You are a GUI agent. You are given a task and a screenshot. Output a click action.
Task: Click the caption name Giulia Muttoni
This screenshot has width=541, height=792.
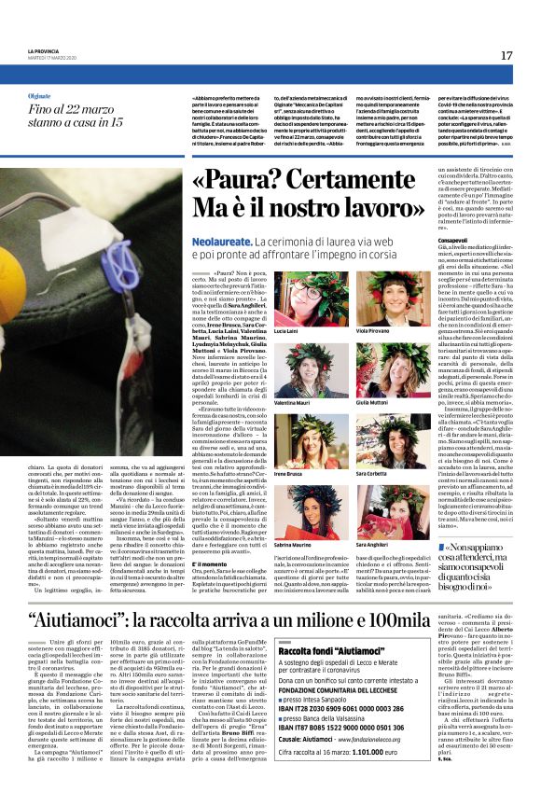(x=373, y=402)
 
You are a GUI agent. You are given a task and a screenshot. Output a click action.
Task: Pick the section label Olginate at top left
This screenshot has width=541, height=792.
(x=40, y=95)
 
